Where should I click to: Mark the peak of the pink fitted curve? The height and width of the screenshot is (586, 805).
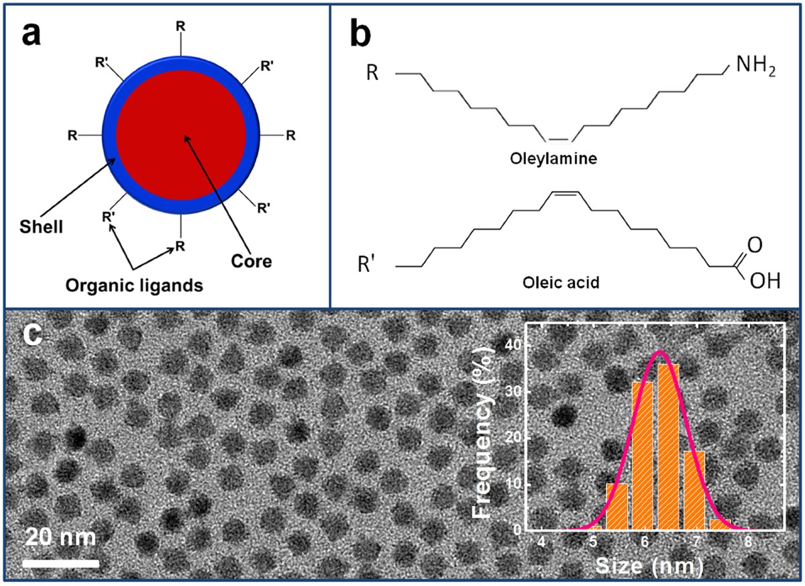pyautogui.click(x=661, y=351)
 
